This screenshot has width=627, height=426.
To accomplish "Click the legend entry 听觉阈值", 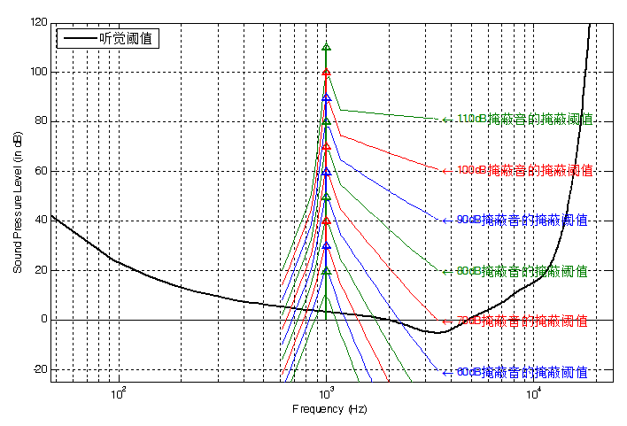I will pos(125,38).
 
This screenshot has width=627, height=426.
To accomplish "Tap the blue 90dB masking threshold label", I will pos(522,220).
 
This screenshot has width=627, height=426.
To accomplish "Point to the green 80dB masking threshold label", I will pos(522,271).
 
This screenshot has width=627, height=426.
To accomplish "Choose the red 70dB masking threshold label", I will pos(522,321).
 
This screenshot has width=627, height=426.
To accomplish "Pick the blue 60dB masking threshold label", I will pos(522,372).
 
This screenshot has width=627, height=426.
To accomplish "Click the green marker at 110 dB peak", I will pos(326,47).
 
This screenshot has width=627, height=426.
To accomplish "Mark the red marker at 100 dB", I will pos(326,73).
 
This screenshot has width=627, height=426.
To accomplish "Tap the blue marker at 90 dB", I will pos(326,97).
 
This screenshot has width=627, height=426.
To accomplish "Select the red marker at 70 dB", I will pos(326,147).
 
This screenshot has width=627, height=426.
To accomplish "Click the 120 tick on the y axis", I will pos(38,22).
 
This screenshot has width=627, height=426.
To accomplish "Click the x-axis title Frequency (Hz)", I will pos(329,410).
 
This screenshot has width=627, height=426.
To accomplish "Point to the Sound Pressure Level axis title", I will pos(18,202).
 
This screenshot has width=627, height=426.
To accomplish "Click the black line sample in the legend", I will pos(78,38).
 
